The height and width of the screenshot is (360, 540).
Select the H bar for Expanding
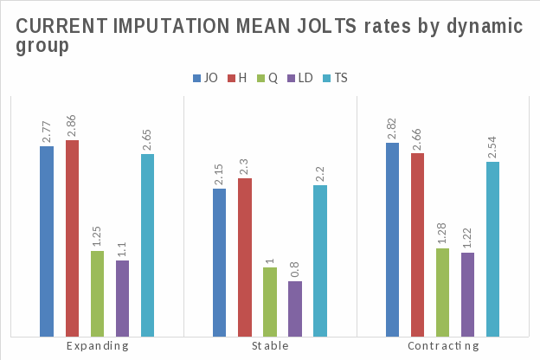click(x=72, y=238)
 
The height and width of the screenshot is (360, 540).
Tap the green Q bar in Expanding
click(x=97, y=293)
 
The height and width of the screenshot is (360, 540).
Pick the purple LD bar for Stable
click(x=295, y=308)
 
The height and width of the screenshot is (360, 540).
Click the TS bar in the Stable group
click(x=320, y=260)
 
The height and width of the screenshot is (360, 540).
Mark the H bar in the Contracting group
click(x=418, y=244)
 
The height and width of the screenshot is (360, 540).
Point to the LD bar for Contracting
click(x=468, y=294)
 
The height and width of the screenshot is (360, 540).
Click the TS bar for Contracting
click(x=493, y=248)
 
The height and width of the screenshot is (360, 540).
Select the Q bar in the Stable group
click(x=270, y=301)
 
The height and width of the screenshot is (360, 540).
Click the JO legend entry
click(x=205, y=78)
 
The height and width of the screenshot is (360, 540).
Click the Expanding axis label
click(x=97, y=345)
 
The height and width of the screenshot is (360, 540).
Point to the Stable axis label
click(x=270, y=345)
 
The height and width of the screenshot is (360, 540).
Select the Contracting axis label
click(x=443, y=345)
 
